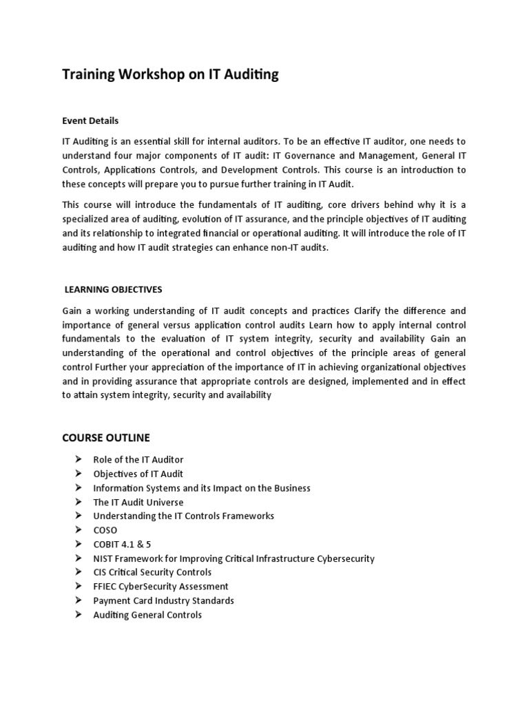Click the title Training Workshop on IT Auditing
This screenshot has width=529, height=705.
170,75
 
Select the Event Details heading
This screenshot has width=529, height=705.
90,120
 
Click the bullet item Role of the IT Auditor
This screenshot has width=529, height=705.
138,459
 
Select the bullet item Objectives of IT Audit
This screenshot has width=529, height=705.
138,474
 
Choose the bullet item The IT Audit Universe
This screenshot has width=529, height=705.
138,502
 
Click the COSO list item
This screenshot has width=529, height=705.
105,530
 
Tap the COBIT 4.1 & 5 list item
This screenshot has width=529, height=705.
122,545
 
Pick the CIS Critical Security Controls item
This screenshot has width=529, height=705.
152,572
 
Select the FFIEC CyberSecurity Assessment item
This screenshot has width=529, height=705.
160,587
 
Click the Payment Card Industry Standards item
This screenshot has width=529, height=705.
163,600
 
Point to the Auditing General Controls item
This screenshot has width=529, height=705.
147,615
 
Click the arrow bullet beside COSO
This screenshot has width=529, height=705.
77,530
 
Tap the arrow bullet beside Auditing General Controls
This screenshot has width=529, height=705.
77,615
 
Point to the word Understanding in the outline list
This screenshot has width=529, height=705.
123,516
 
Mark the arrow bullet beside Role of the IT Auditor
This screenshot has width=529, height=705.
77,459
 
